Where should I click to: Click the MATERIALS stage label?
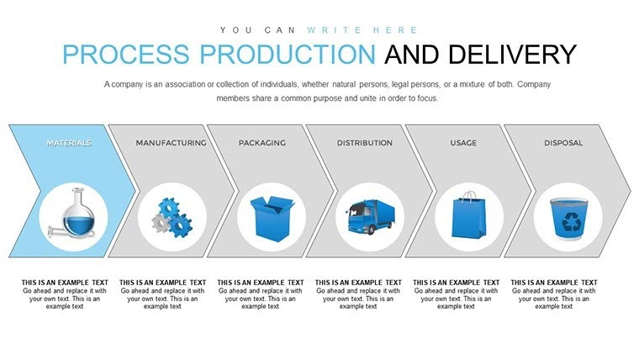point(69,143)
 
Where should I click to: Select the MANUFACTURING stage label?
point(171,143)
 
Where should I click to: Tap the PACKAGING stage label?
point(261,143)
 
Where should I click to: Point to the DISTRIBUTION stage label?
point(365,143)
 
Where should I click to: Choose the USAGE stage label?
point(464,143)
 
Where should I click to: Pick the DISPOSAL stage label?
point(563,143)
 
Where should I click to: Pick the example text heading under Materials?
point(65,283)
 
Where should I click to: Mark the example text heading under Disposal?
point(555,283)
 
